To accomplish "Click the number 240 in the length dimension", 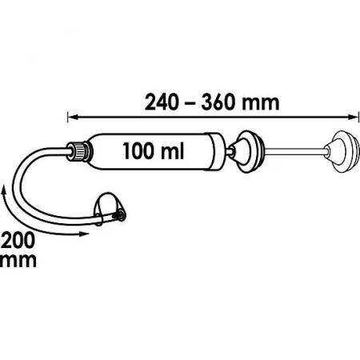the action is point(162,102).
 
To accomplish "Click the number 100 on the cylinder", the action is point(140,150).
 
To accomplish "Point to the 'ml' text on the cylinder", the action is point(173,150).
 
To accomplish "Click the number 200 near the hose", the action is point(18,240).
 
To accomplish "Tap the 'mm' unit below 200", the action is point(18,261).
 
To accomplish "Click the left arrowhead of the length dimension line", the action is point(74,117).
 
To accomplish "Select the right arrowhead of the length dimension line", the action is point(351,117).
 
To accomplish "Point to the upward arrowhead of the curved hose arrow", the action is point(4,190).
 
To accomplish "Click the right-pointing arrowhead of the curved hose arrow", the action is point(84,234).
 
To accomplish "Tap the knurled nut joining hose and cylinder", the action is point(80,151).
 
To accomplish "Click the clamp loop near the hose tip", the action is point(108,207).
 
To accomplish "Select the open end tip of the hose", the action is point(120,214).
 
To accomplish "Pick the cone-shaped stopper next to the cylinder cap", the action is point(248,151).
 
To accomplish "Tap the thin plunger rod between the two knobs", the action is point(294,152).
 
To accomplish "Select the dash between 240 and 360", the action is point(190,105).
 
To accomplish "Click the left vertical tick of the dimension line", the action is point(68,117).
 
